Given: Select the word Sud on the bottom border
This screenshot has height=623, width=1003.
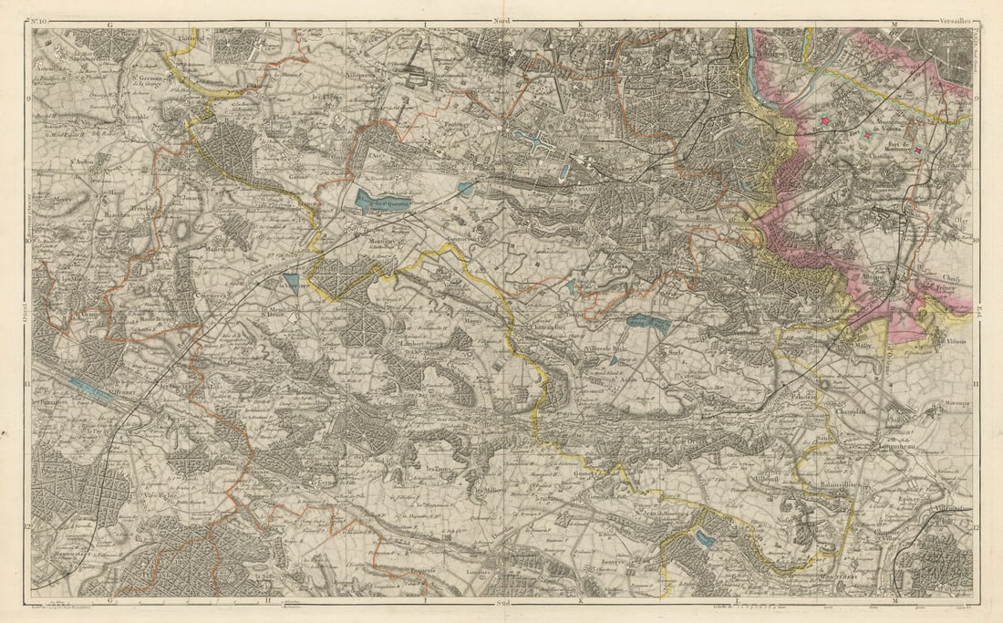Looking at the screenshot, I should tap(500, 602).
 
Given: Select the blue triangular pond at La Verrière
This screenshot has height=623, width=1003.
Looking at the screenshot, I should tap(291, 282).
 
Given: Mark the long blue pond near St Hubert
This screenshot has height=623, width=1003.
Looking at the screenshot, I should tap(89, 391).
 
